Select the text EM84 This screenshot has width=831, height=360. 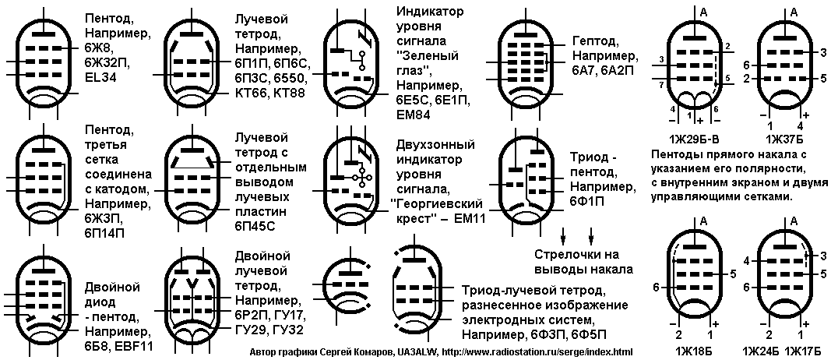click(x=414, y=114)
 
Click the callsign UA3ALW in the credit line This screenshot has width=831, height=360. click(x=412, y=352)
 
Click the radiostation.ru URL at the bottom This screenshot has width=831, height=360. click(x=537, y=352)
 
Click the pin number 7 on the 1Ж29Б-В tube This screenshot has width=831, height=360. click(x=657, y=85)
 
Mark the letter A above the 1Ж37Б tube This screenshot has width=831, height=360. click(x=794, y=11)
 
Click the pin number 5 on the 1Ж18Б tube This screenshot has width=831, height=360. click(x=733, y=274)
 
